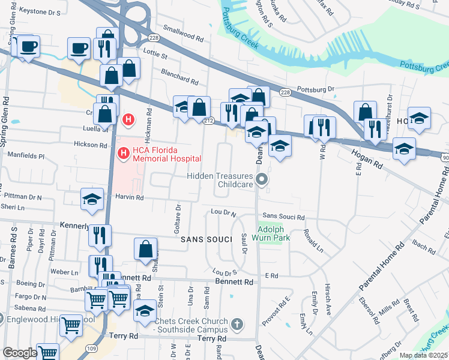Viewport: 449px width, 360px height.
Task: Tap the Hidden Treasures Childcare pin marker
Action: (x=261, y=179)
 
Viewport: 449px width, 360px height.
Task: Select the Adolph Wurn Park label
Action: (x=274, y=233)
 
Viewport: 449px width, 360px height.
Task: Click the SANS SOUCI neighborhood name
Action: (x=206, y=239)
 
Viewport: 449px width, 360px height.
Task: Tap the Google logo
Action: (x=19, y=353)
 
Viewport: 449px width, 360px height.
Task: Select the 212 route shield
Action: (x=208, y=121)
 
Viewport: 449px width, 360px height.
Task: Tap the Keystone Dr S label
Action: (x=40, y=11)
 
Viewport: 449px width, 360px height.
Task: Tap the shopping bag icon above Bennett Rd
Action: (x=145, y=250)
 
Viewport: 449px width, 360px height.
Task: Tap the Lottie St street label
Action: (x=155, y=53)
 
